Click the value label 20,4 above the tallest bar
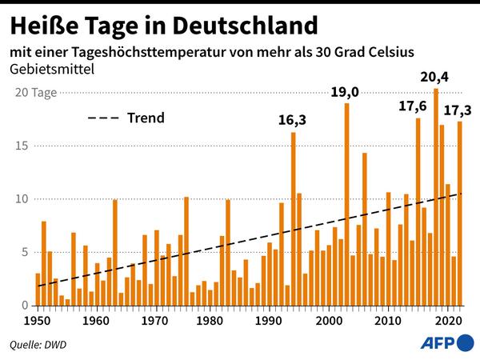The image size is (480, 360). [436, 78]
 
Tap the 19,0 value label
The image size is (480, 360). [345, 93]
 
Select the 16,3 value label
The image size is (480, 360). [292, 121]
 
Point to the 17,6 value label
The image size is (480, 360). [414, 107]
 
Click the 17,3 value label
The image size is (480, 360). [458, 109]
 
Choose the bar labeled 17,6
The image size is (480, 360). [418, 212]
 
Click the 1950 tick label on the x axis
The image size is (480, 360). [38, 322]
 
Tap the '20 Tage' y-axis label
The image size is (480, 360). [35, 93]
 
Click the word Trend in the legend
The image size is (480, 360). [146, 118]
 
